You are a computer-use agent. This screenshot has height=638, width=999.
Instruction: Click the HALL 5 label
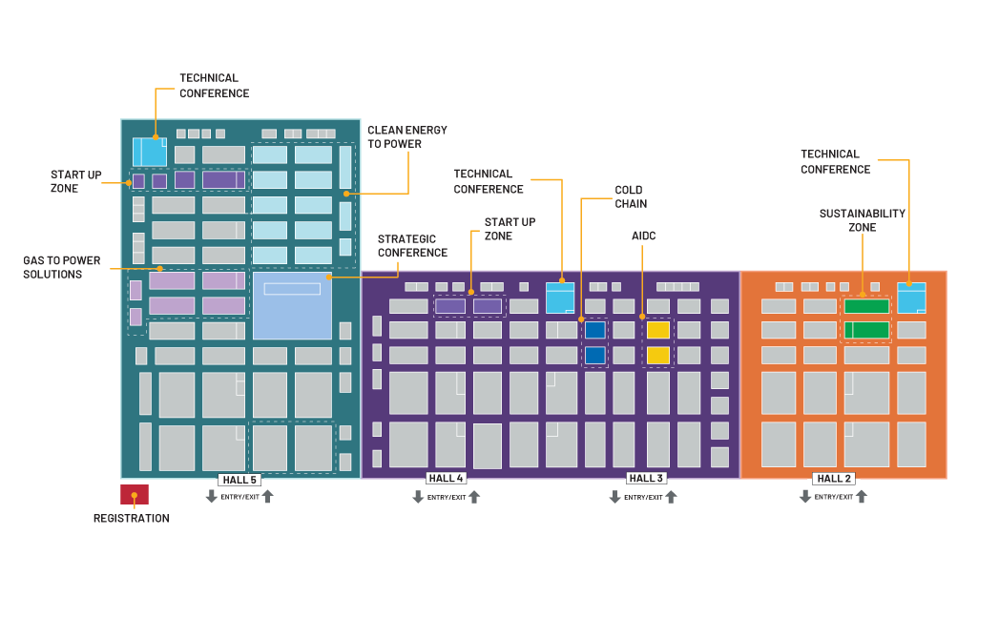pyautogui.click(x=239, y=480)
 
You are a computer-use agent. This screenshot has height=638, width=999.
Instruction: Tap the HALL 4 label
pyautogui.click(x=446, y=478)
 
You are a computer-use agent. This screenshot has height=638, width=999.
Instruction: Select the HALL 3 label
pyautogui.click(x=647, y=478)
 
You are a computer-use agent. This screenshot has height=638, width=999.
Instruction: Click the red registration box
pyautogui.click(x=134, y=494)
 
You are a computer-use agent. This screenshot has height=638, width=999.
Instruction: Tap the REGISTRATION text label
pyautogui.click(x=131, y=519)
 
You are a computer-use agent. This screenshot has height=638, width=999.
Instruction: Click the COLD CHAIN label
pyautogui.click(x=630, y=197)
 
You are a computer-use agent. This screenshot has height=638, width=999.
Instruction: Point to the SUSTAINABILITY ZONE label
pyautogui.click(x=862, y=220)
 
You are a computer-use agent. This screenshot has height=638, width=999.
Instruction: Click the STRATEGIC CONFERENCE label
pyautogui.click(x=412, y=246)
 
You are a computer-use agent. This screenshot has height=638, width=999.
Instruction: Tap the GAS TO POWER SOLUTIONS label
pyautogui.click(x=62, y=267)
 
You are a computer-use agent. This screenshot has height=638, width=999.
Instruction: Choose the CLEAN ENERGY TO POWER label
pyautogui.click(x=406, y=137)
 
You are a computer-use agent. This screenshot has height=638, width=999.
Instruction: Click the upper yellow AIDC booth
pyautogui.click(x=658, y=330)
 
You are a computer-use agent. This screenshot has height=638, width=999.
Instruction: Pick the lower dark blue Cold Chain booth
pyautogui.click(x=594, y=355)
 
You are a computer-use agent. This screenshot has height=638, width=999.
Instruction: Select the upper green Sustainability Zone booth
pyautogui.click(x=866, y=306)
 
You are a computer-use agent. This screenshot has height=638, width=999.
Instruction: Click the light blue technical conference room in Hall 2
pyautogui.click(x=911, y=298)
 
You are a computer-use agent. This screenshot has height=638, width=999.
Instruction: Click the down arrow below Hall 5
pyautogui.click(x=212, y=497)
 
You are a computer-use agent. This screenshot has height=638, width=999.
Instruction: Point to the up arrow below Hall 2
pyautogui.click(x=861, y=496)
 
